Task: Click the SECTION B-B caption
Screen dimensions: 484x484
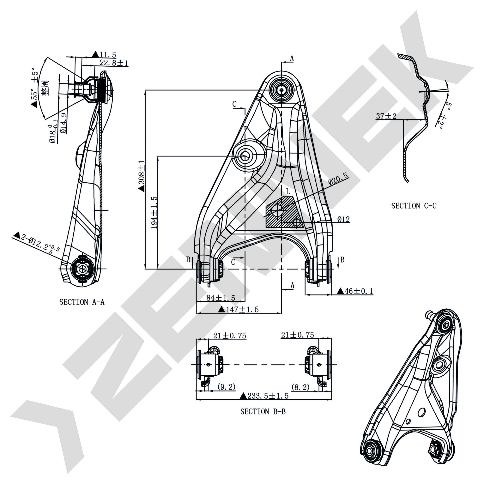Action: pyautogui.click(x=263, y=412)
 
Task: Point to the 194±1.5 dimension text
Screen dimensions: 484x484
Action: pyautogui.click(x=154, y=212)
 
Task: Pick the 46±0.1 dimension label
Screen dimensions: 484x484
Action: pyautogui.click(x=355, y=291)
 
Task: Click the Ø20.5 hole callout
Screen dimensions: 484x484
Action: pyautogui.click(x=338, y=179)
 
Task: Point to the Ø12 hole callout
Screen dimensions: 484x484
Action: pyautogui.click(x=343, y=220)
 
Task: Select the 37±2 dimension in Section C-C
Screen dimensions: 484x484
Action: pyautogui.click(x=386, y=116)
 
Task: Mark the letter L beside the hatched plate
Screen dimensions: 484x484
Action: pyautogui.click(x=288, y=192)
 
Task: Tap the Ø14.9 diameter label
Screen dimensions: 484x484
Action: pyautogui.click(x=64, y=123)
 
